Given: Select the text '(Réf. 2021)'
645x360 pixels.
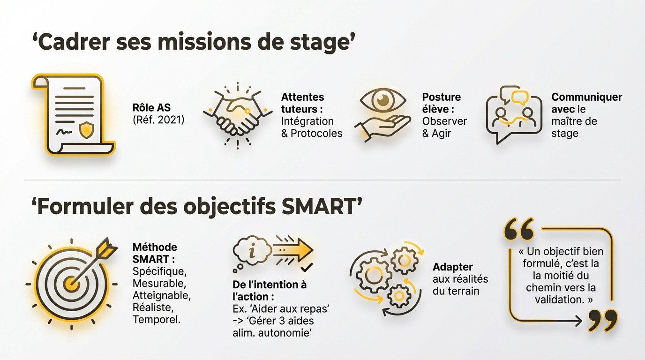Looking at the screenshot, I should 158,120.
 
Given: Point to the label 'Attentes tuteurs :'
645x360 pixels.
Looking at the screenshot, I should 303,103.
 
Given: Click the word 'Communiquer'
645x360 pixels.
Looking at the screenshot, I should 586,97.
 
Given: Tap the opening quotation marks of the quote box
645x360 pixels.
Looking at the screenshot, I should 518,228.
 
